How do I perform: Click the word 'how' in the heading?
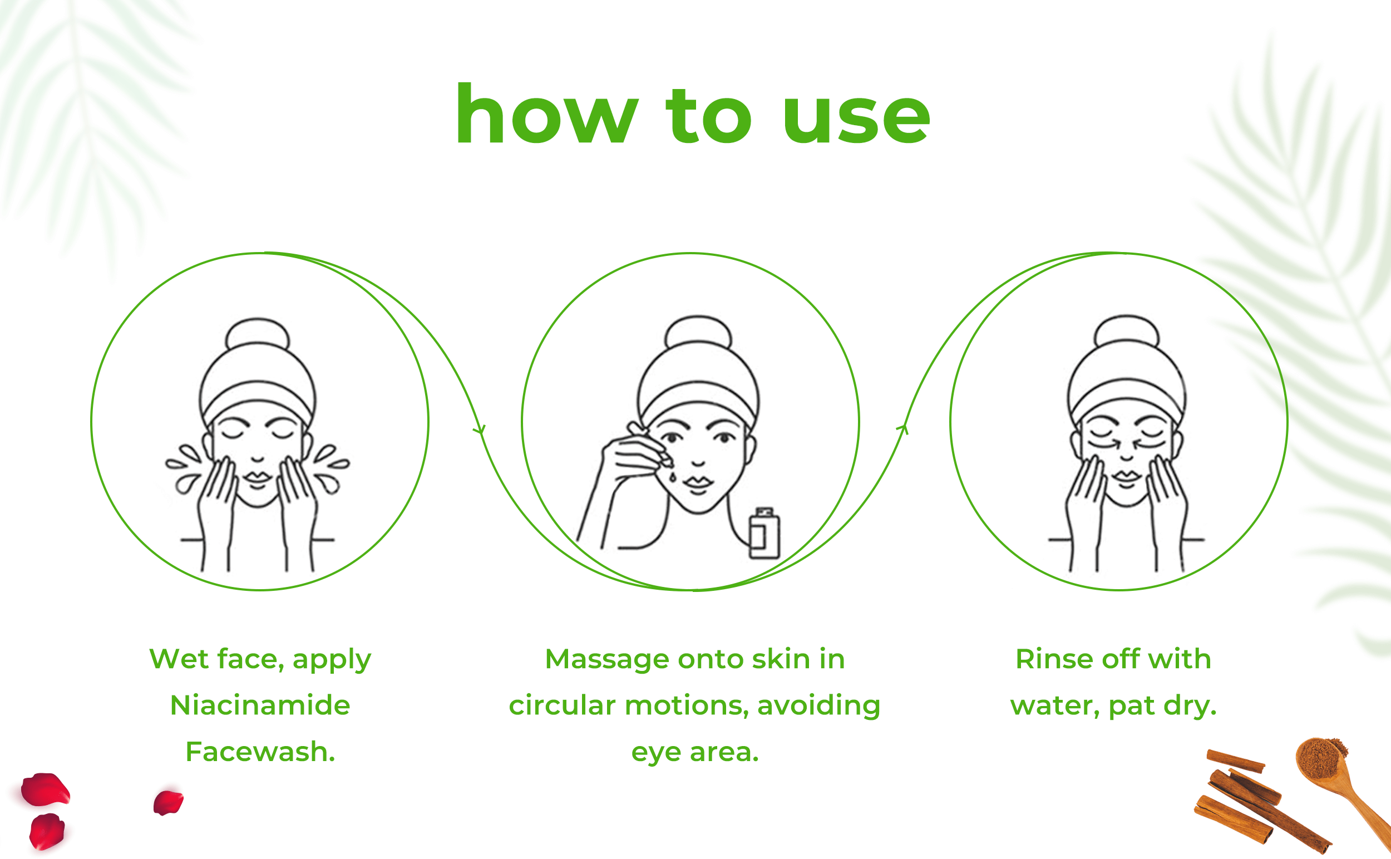546,113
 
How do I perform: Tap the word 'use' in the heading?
856,120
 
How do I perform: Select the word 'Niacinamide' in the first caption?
260,705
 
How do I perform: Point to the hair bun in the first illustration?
258,334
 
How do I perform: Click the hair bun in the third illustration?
1126,331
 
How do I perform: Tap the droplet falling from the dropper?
673,476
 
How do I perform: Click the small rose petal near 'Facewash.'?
168,802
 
